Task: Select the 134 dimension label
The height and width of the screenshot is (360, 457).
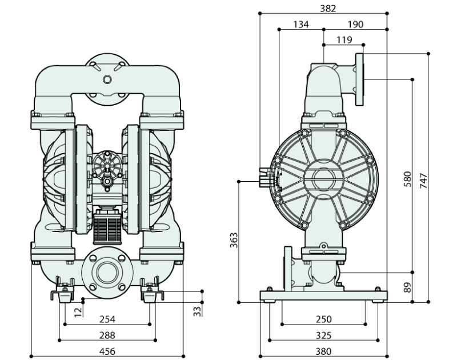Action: click(301, 25)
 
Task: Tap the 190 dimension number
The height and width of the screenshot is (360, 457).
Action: click(355, 25)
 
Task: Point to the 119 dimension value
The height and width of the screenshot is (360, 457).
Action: click(344, 40)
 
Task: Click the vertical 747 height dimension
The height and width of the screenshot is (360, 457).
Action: click(423, 179)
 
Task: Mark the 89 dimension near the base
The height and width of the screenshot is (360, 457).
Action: click(407, 287)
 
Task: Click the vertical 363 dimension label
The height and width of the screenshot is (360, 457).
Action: click(233, 241)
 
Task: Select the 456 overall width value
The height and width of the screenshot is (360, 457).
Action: click(107, 351)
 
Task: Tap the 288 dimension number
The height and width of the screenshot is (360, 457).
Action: click(107, 335)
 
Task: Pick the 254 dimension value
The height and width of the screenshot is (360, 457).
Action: click(107, 319)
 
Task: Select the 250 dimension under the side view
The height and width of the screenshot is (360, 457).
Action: click(324, 319)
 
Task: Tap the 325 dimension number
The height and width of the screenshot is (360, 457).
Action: click(324, 335)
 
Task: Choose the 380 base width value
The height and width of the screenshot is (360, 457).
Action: click(324, 351)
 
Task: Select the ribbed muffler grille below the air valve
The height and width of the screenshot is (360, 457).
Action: click(107, 225)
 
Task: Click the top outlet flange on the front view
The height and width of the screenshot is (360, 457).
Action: click(107, 77)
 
